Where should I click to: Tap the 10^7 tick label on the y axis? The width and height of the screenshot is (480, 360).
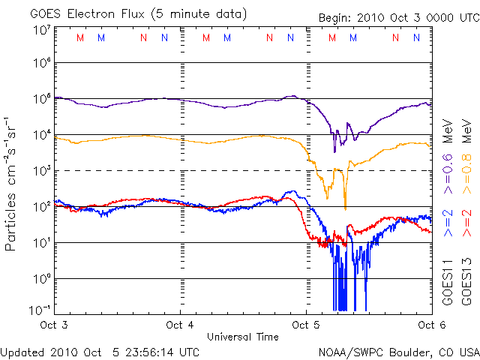pyautogui.click(x=40, y=30)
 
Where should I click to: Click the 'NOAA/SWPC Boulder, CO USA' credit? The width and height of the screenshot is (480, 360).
pyautogui.click(x=398, y=351)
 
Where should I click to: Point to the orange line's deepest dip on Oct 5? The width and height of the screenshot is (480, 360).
pyautogui.click(x=345, y=208)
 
